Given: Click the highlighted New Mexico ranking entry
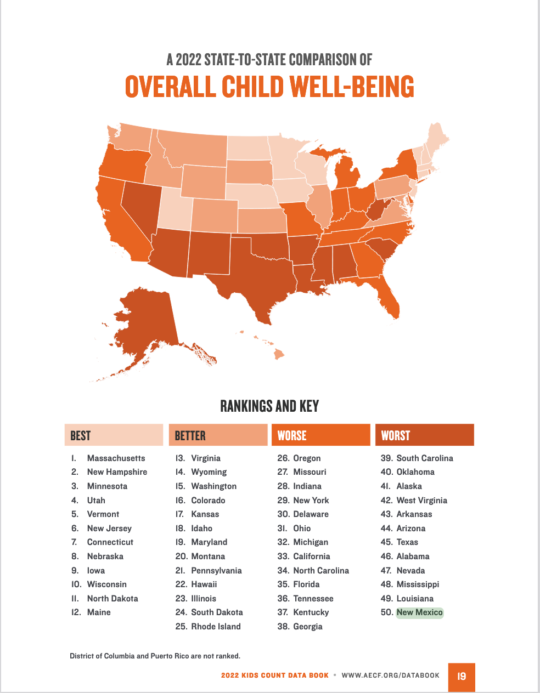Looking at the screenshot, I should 419,612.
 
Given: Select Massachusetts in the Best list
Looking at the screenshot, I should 116,458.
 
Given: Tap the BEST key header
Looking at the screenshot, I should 114,435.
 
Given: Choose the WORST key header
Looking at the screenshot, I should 424,435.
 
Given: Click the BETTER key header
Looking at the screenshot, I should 218,435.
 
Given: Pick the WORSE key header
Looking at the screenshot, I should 320,435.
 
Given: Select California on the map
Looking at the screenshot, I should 121,225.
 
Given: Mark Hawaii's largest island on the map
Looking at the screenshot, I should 279,354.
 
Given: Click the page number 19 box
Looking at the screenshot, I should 462,677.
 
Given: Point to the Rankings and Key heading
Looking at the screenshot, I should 269,406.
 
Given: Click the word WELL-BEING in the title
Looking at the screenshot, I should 352,87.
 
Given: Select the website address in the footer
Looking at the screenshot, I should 390,675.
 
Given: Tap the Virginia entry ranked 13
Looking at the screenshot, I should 205,458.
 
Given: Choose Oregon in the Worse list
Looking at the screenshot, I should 307,458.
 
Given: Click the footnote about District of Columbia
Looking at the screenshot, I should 155,656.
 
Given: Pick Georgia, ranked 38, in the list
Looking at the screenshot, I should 307,627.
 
